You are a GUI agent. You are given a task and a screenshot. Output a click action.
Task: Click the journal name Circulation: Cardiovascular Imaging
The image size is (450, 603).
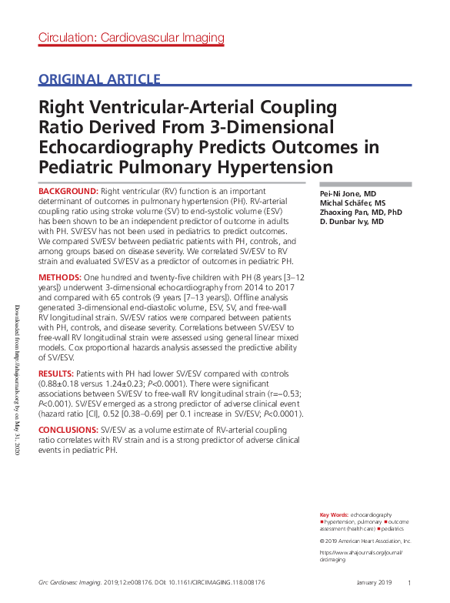[131, 37]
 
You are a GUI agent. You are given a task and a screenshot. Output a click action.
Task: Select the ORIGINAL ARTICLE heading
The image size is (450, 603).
[99, 79]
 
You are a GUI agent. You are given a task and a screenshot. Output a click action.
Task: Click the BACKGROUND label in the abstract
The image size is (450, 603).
[68, 190]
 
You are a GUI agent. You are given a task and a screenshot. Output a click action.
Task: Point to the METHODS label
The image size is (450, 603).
[61, 276]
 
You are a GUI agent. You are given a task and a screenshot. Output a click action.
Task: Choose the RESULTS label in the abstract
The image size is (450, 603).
[58, 372]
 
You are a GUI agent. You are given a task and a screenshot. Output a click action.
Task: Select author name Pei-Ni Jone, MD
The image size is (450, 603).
[348, 193]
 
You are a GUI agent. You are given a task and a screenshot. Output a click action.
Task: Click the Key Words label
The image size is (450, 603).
[333, 514]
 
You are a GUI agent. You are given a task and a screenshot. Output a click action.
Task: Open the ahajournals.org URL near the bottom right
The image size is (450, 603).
[360, 555]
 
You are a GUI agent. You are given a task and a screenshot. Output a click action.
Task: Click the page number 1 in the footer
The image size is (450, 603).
[409, 582]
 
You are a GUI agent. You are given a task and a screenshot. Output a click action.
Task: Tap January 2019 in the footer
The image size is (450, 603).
[375, 582]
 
